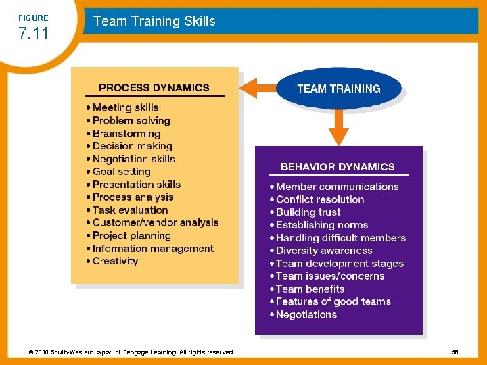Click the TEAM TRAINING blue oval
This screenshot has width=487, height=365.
(338, 89)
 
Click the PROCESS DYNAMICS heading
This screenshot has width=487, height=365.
(154, 87)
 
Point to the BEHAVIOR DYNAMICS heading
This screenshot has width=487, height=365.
(338, 166)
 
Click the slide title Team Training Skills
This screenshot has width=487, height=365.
(154, 21)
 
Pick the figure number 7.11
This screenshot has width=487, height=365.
(32, 33)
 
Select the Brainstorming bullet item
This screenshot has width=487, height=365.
(126, 133)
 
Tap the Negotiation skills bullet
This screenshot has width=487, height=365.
(133, 159)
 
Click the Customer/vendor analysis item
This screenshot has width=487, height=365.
(156, 222)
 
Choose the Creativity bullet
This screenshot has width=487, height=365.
(115, 261)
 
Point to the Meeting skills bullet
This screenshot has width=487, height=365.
(125, 107)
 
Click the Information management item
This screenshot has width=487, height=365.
(153, 248)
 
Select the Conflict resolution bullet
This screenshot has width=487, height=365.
(320, 199)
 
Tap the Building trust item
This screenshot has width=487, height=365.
(308, 212)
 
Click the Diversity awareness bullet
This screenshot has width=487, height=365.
(324, 251)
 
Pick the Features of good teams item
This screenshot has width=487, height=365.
(333, 301)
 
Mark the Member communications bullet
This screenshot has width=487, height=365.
(338, 187)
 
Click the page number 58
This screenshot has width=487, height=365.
(454, 352)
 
